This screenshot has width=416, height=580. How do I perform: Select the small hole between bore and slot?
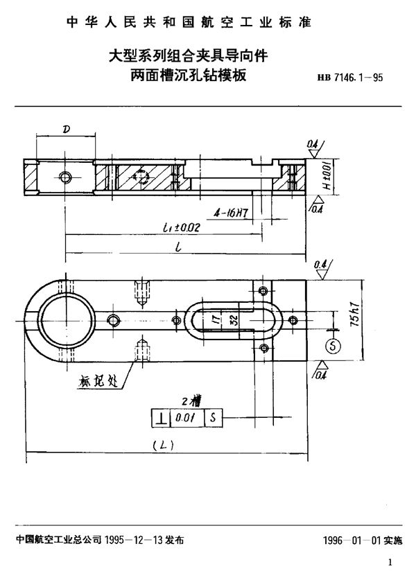click(112, 319)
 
